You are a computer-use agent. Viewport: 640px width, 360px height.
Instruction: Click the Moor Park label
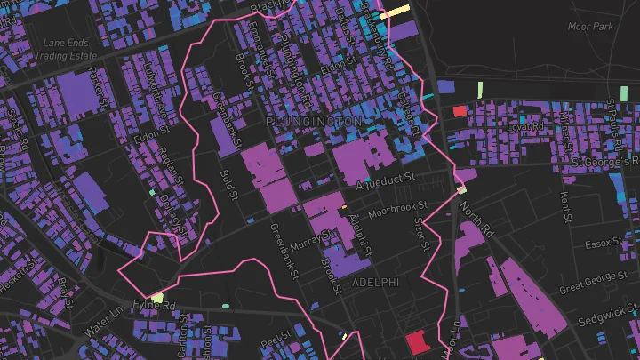click(590, 27)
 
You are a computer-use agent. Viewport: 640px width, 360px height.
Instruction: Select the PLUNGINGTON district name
click(313, 120)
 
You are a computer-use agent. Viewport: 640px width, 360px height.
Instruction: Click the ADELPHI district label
click(376, 282)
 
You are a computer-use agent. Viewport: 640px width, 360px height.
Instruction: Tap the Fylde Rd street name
click(156, 305)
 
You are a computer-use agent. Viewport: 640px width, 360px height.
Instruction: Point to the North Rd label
click(476, 219)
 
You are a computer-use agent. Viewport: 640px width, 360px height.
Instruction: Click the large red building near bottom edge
click(416, 342)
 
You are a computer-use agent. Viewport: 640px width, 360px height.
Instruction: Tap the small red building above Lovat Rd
click(460, 111)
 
